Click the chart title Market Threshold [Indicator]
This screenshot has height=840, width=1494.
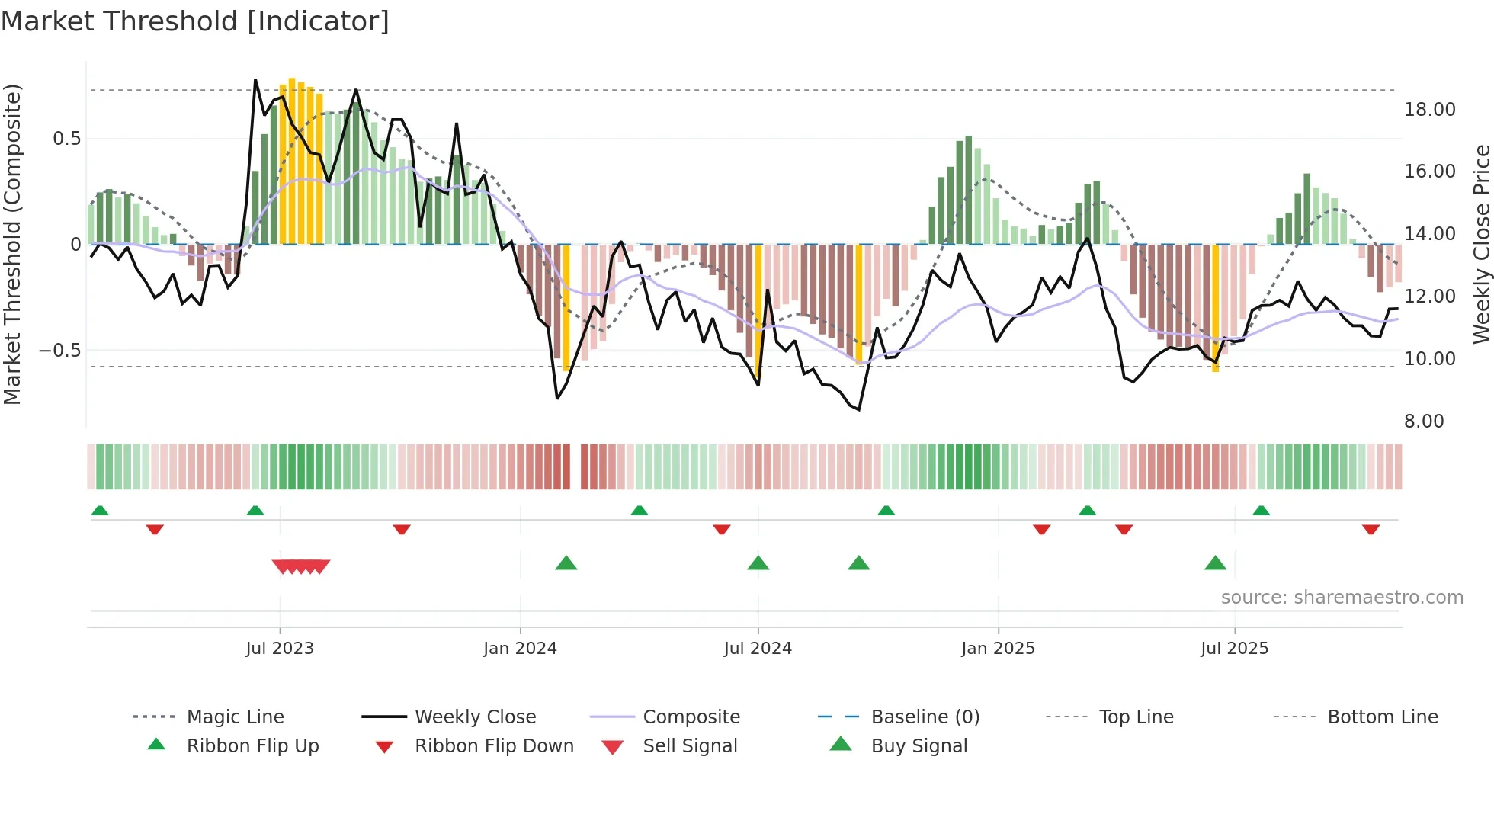pos(195,21)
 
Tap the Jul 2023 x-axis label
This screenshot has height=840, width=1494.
pos(280,649)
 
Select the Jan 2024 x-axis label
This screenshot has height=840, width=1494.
pos(520,649)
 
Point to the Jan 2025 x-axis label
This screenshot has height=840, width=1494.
pos(998,649)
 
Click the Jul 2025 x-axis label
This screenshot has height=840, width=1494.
pos(1234,649)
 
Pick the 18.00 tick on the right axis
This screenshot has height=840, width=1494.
pos(1429,110)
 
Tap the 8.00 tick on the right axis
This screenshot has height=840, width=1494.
pos(1424,422)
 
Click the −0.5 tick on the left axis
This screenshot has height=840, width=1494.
pos(59,351)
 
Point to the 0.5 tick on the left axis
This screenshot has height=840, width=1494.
pos(66,139)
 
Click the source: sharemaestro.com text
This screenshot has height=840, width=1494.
pos(1342,598)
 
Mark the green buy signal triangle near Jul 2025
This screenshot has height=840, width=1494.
pos(1215,564)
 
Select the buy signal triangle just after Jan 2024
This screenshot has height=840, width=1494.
pos(566,564)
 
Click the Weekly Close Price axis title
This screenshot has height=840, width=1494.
pos(1481,244)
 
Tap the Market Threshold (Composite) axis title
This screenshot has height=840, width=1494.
pos(12,244)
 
